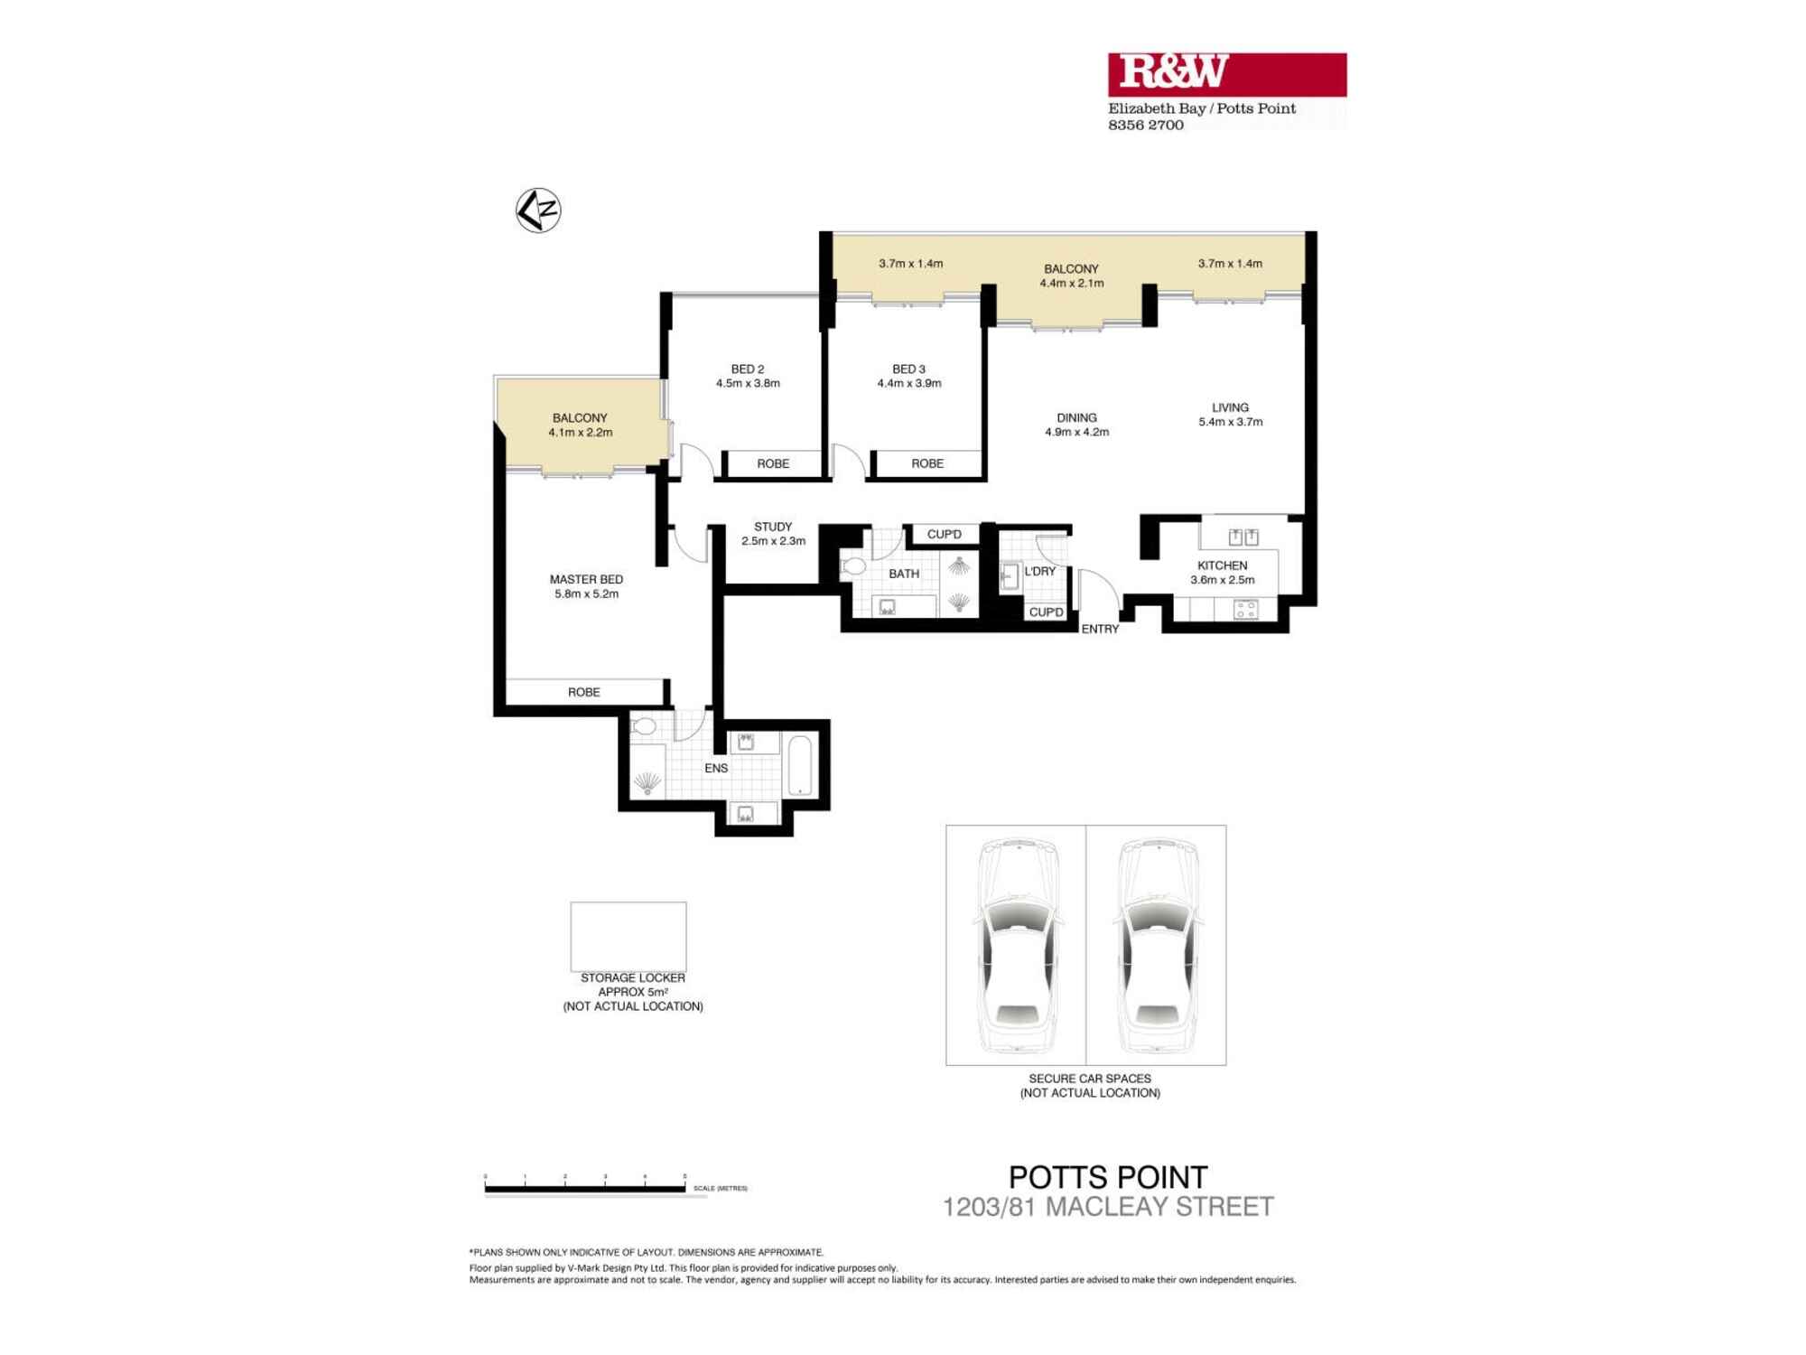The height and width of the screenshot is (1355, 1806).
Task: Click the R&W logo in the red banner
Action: [1173, 73]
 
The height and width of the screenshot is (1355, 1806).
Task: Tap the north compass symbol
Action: [538, 210]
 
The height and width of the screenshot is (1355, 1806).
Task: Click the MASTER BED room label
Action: [586, 580]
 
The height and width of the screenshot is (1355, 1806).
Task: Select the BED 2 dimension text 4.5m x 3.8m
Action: [748, 384]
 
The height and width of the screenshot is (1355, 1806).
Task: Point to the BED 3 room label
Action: [908, 369]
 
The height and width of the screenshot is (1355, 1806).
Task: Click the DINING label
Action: [1076, 418]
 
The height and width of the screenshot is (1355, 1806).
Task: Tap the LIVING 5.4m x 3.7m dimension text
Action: [1230, 422]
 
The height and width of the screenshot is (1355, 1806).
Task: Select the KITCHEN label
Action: [1222, 565]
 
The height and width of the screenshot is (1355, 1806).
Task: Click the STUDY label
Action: [773, 527]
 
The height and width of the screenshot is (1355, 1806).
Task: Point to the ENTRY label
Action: [1100, 630]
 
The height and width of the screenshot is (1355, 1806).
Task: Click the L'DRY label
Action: [1039, 572]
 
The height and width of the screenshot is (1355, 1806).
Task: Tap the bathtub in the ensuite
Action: [800, 766]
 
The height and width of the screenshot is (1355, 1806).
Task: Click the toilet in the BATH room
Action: [852, 567]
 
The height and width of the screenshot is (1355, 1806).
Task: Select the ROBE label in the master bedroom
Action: [583, 693]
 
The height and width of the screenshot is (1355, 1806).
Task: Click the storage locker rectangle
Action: [628, 936]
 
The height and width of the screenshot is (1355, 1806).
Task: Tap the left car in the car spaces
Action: [1016, 945]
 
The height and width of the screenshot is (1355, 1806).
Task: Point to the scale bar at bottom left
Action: [585, 1189]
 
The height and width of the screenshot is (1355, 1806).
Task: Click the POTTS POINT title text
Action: [1107, 1178]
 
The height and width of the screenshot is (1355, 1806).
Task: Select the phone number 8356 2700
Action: [1145, 126]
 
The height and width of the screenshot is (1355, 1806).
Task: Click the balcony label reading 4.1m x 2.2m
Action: [580, 433]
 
